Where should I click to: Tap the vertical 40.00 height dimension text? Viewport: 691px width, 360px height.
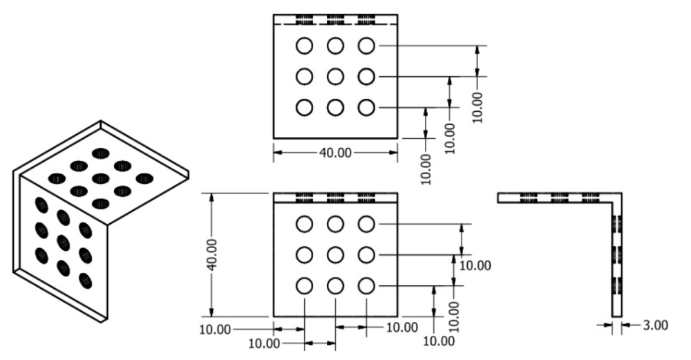[212, 255]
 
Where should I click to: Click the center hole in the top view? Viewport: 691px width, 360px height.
[335, 77]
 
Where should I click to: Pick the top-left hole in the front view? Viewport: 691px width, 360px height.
[304, 224]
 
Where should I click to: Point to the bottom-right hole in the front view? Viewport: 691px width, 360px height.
[366, 285]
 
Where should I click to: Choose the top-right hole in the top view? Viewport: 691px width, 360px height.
[366, 46]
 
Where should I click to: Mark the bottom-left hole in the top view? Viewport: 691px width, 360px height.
[304, 108]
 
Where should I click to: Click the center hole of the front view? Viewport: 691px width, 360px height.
[335, 255]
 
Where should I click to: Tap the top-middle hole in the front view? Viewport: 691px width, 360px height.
[335, 224]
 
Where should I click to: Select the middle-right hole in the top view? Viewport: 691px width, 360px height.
[366, 77]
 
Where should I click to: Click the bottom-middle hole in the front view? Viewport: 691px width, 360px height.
[335, 285]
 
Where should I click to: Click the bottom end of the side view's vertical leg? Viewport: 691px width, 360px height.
[618, 314]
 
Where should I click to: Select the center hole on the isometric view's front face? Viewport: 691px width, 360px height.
[64, 243]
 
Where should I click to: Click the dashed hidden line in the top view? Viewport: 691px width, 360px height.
[335, 23]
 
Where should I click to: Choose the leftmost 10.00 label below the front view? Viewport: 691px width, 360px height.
[215, 329]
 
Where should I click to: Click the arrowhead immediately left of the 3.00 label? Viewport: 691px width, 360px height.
[609, 325]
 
